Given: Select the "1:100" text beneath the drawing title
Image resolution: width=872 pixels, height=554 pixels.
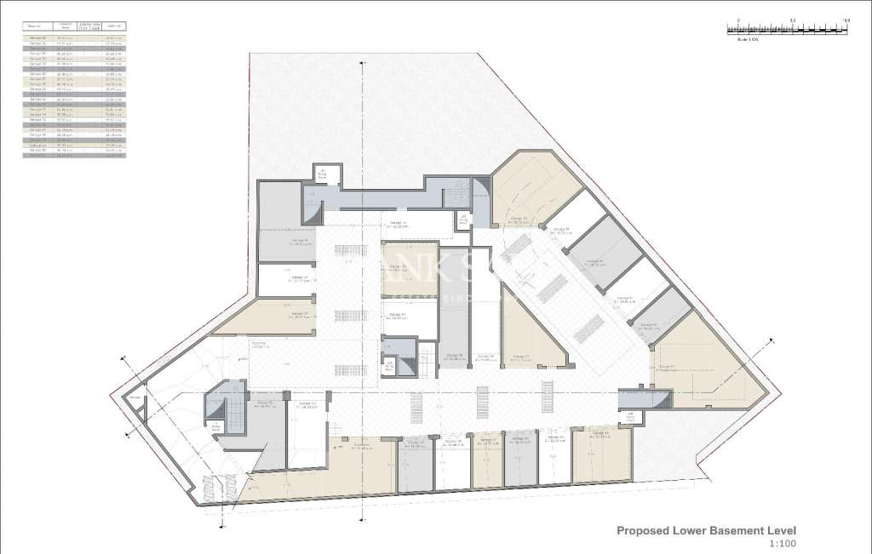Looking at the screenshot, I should (x=782, y=545).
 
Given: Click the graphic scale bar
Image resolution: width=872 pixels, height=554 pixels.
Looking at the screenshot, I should (x=789, y=29).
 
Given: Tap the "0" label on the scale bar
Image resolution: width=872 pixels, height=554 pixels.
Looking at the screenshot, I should (x=739, y=20).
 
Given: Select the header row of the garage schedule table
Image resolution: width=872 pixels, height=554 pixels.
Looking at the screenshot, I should (x=73, y=27).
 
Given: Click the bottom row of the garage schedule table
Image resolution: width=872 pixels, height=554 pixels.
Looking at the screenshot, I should (x=73, y=156).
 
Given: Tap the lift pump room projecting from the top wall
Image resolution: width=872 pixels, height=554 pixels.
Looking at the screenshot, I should (x=324, y=174).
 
